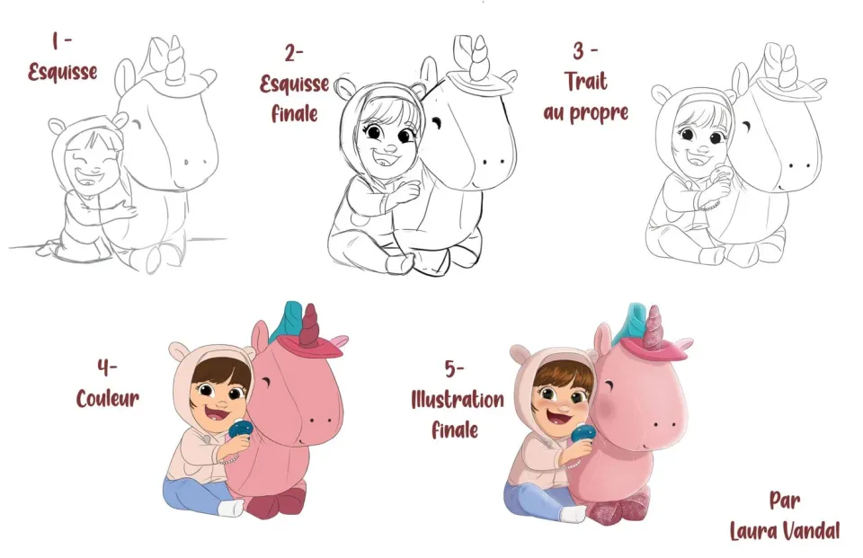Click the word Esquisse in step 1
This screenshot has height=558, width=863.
pos(63,72)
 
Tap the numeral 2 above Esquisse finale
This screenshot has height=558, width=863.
pos(291,53)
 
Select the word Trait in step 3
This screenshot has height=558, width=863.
pos(586,82)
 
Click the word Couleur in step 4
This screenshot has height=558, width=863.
pos(107,398)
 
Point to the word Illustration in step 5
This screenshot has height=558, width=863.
pos(458,400)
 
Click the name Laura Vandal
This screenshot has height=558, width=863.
pos(785,531)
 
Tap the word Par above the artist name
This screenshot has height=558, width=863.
pos(785,500)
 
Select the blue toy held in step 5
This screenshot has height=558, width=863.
pos(583,433)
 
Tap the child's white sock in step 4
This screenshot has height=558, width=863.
pos(231,508)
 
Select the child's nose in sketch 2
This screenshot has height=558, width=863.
pos(389,147)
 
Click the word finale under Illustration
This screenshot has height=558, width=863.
pos(455,430)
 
